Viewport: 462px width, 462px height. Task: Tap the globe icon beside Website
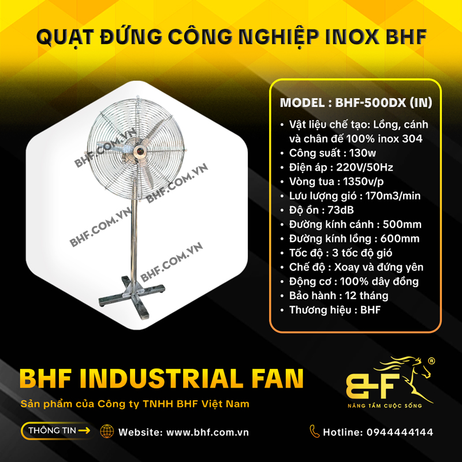pyautogui.click(x=106, y=431)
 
